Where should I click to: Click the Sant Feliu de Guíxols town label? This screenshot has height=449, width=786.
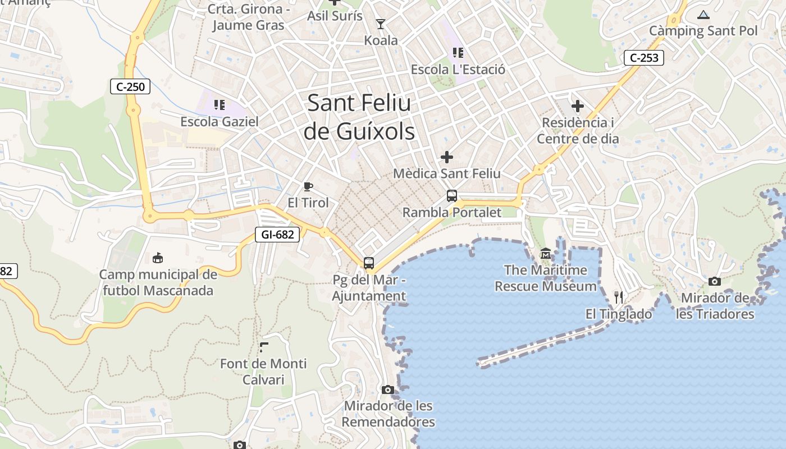point(359,117)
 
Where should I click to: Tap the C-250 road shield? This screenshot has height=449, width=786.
point(130,86)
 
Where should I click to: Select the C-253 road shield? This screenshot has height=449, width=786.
point(644,58)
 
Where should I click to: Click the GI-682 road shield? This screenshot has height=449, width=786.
point(277,235)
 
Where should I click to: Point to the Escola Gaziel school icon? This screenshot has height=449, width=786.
point(220,104)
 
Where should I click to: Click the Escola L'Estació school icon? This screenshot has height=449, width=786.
point(458,53)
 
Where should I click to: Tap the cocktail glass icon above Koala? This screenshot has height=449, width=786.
point(381,24)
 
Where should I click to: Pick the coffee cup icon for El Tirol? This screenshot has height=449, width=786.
point(308,186)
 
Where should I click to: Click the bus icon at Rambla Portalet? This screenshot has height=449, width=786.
point(452,196)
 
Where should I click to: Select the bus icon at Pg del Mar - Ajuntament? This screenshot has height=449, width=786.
point(369,263)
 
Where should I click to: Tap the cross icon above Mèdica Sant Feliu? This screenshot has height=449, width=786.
point(447,157)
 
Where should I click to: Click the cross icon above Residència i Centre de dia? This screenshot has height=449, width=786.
point(577,106)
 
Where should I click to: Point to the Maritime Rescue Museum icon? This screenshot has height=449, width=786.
point(545,254)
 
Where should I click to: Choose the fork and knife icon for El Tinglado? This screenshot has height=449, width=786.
point(619,297)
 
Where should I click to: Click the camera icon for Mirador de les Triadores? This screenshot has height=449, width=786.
point(714,281)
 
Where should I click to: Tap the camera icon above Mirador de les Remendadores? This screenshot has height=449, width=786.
point(387,390)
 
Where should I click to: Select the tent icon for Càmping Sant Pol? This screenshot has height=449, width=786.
point(703,15)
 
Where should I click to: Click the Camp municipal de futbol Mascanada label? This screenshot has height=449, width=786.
point(158,282)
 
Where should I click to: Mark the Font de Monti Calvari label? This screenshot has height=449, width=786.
point(263,372)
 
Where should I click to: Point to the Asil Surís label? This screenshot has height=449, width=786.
point(335,16)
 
